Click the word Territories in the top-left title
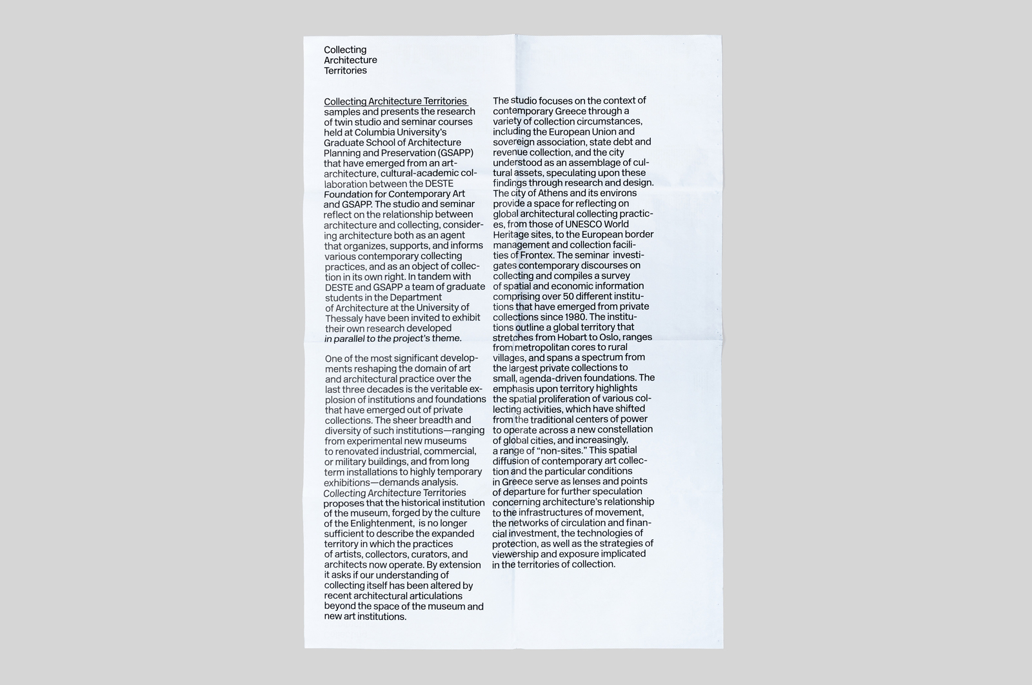345,70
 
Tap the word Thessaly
346,318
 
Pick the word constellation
623,430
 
